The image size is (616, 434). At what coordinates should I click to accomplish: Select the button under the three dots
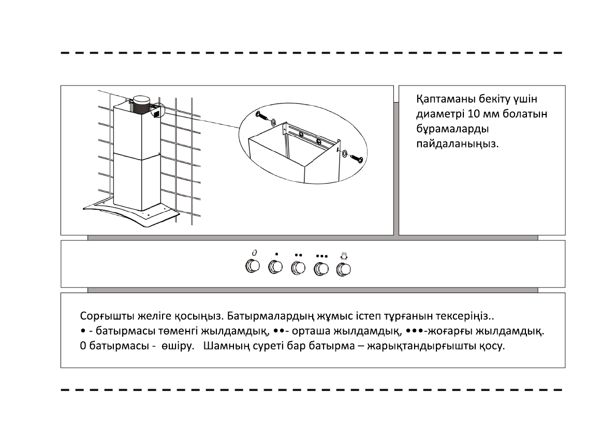pos(321,268)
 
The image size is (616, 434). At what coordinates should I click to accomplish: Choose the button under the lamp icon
pos(344,269)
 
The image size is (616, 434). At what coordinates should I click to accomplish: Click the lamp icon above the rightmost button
pos(344,255)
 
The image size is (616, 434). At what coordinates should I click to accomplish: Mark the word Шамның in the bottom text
pos(223,345)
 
